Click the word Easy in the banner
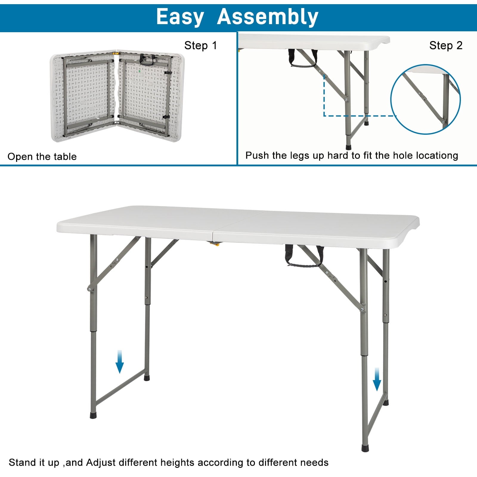click(180, 17)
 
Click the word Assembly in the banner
click(267, 17)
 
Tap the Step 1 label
click(200, 46)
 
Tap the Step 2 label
click(446, 46)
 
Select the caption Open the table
click(42, 157)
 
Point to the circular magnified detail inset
click(425, 99)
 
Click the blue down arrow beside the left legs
click(120, 362)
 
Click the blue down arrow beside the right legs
click(377, 379)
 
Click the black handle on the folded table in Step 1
click(148, 60)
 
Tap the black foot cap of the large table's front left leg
click(93, 415)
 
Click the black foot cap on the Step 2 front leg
click(349, 147)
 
